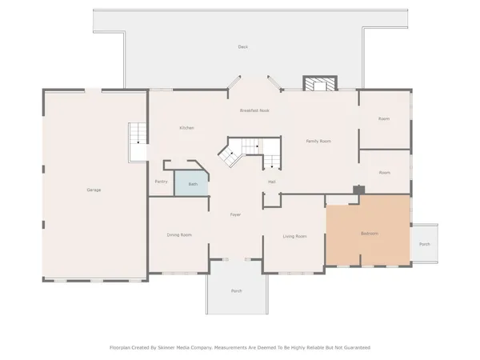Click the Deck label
242,47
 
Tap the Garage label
94,190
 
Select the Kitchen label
186,128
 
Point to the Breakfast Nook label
254,110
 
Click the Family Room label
318,141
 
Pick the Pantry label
161,182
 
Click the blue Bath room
192,183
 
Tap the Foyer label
235,214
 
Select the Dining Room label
179,235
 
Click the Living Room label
295,236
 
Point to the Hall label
272,182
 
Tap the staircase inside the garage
138,142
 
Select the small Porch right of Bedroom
424,244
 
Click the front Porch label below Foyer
236,290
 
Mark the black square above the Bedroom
359,190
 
